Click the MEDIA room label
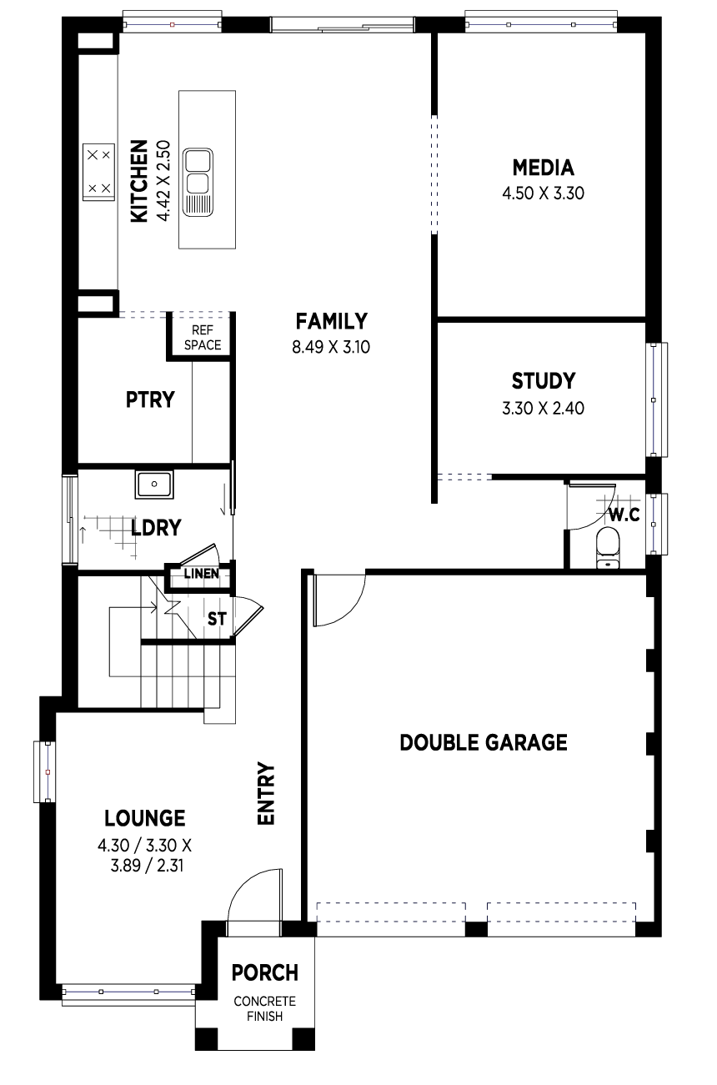pos(544,168)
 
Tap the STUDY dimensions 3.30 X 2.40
pos(544,409)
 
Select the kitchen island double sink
pos(198,182)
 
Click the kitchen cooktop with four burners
pos(98,172)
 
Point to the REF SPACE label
pos(203,338)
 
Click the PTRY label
pos(150,399)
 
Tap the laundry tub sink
pos(154,484)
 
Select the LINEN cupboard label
pos(202,574)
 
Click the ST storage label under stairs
pos(217,619)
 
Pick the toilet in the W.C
pos(608,547)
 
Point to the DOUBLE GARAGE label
pos(484,742)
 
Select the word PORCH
pos(265,973)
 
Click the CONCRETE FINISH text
pos(265,1009)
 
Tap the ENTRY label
pos(266,793)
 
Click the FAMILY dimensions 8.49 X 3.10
pos(331,347)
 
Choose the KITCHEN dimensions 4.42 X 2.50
pos(163,181)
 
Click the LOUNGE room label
pos(145,818)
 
